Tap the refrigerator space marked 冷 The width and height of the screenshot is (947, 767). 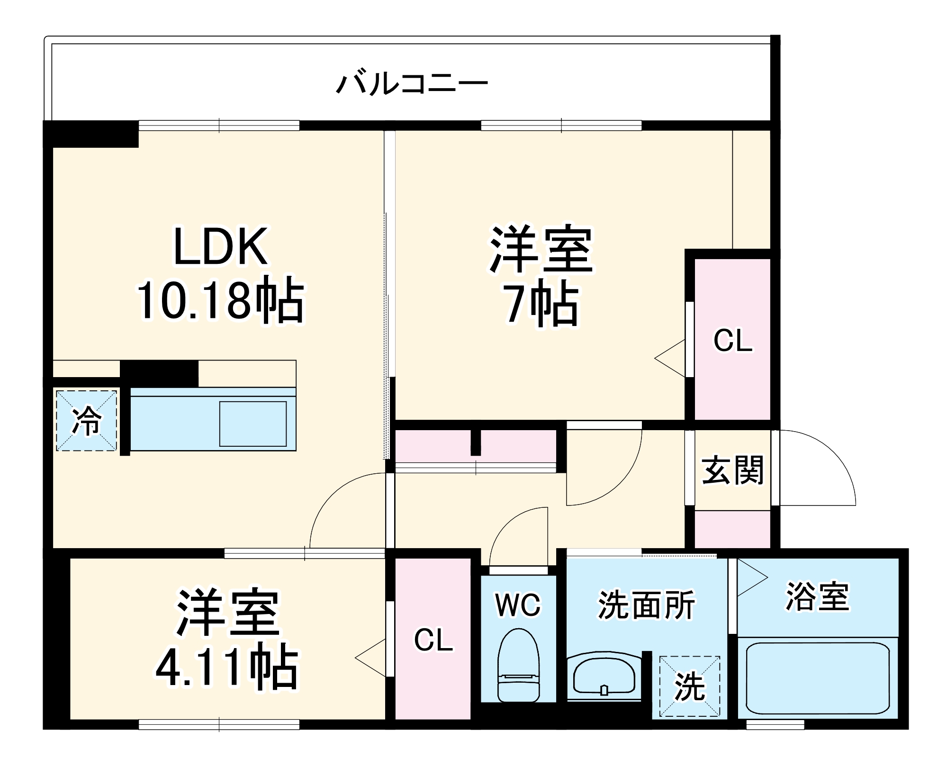[86, 420]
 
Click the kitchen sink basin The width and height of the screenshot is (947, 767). [253, 424]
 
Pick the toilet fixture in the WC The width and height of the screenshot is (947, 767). [518, 665]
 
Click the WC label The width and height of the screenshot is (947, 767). [518, 605]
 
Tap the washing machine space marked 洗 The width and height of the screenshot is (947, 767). [689, 686]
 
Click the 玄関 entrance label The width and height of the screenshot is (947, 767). [732, 470]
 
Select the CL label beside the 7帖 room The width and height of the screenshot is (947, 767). [732, 341]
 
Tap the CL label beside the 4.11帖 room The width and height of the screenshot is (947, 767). [433, 640]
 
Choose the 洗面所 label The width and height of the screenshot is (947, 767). [646, 605]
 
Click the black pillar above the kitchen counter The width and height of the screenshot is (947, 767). [159, 373]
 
